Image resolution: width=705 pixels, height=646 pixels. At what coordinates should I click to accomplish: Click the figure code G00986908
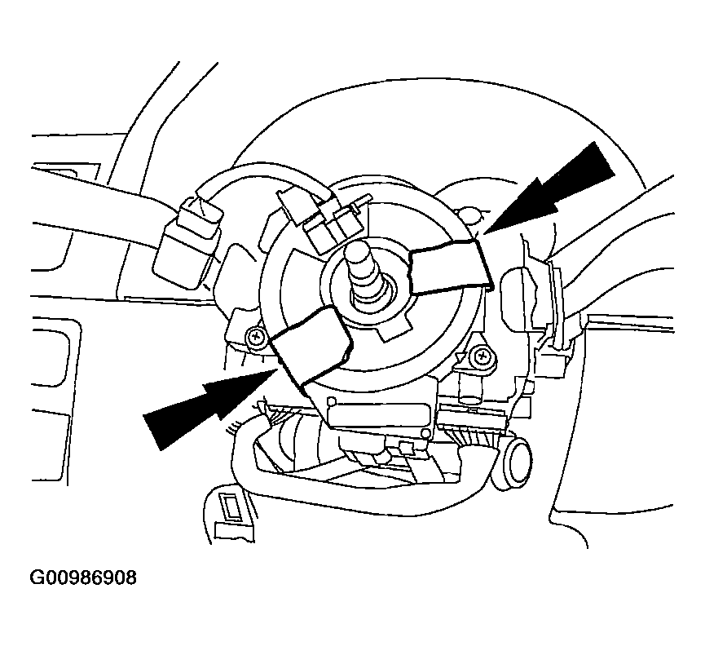pos(83,577)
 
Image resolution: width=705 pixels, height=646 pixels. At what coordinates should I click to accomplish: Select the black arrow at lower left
pos(210,408)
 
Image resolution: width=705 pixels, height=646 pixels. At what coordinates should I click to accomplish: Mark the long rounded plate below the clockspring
pos(377,413)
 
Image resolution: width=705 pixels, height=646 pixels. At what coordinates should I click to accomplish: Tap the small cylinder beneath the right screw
pos(469,389)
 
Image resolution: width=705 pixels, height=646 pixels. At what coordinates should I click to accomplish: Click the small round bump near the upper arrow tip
pos(469,215)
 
